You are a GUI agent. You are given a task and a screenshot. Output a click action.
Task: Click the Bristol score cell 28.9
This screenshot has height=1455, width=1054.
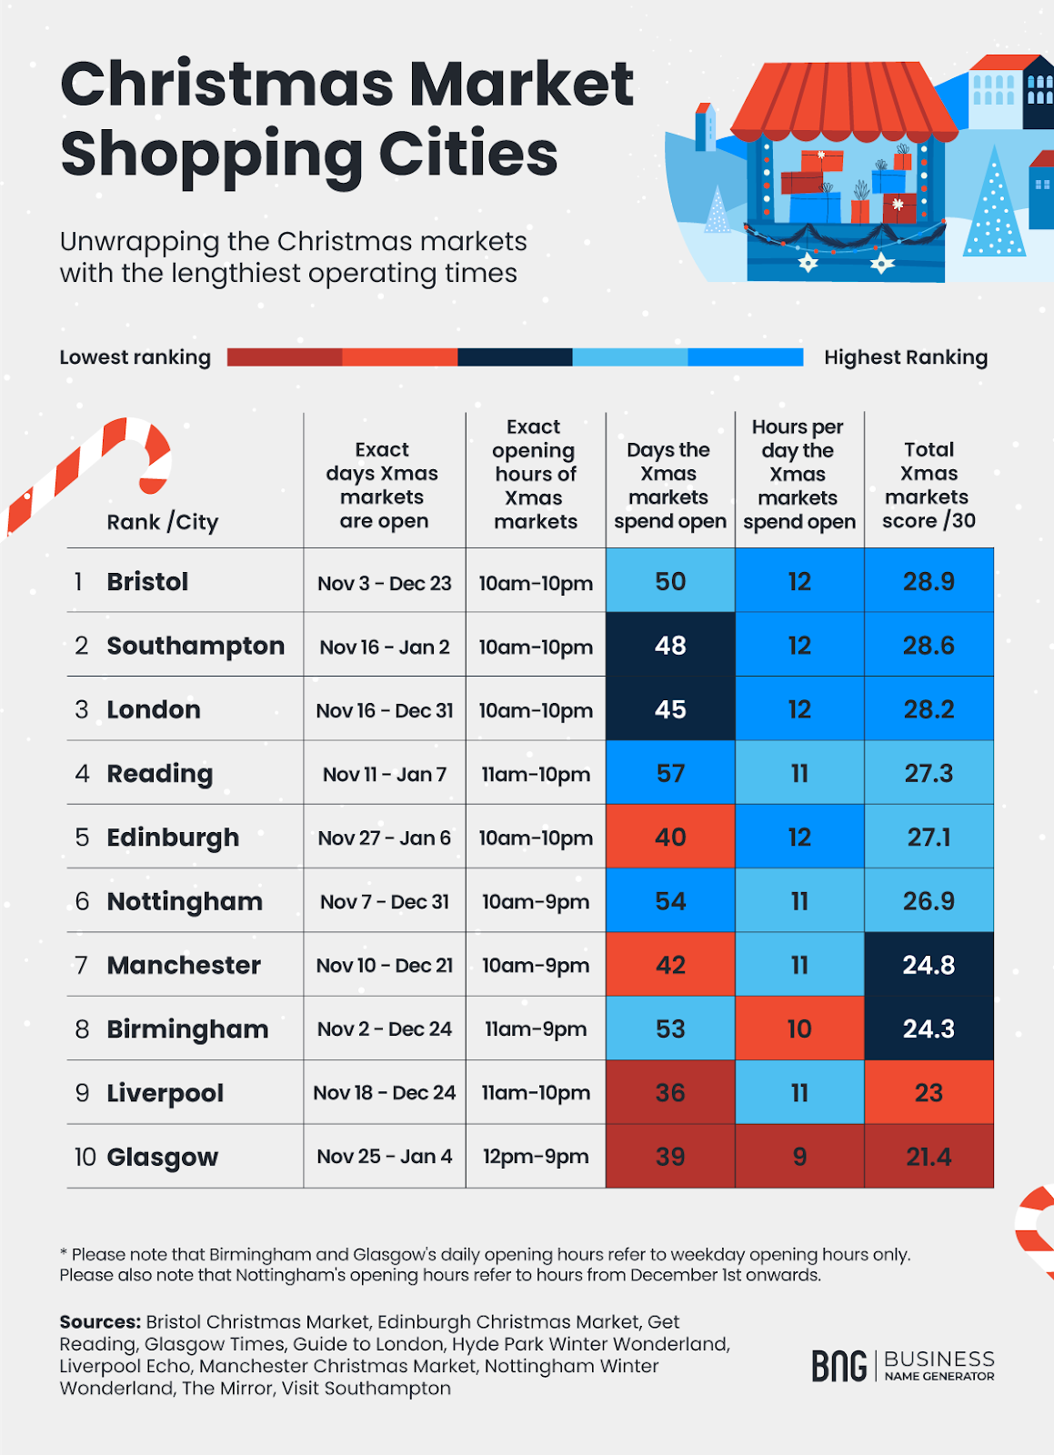[x=929, y=581]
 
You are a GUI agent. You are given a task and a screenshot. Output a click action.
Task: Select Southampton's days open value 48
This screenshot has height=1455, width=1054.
[x=670, y=645]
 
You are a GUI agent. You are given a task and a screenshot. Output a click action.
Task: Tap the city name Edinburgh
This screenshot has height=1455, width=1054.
[x=173, y=838]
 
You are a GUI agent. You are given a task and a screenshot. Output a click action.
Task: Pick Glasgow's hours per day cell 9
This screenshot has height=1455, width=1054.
[x=799, y=1157]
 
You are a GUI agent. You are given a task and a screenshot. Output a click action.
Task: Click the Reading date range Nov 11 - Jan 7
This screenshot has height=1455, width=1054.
[x=385, y=775]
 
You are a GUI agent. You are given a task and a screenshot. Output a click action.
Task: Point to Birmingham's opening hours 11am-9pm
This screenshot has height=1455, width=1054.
[x=536, y=1029]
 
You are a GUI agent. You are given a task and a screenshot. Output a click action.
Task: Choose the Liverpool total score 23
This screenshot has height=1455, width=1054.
[x=929, y=1093]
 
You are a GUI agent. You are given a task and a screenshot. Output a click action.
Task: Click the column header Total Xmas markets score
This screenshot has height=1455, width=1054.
[x=928, y=485]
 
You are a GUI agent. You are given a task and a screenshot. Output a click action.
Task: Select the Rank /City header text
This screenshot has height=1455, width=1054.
[x=163, y=522]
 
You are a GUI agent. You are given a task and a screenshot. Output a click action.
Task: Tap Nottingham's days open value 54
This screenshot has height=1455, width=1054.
[x=670, y=901]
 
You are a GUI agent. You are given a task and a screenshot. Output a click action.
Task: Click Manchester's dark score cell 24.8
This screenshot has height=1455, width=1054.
[x=929, y=965]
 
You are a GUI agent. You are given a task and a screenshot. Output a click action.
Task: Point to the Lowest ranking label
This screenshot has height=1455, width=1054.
[x=135, y=357]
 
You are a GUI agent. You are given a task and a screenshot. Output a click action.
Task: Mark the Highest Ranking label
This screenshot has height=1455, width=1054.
[x=906, y=357]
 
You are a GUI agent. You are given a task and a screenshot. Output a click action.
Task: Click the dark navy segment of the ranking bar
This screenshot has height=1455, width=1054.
[x=515, y=357]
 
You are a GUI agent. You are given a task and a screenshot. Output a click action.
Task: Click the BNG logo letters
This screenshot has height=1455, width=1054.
[x=838, y=1366]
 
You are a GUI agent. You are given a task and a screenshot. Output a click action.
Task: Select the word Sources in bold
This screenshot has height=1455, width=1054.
[x=99, y=1321]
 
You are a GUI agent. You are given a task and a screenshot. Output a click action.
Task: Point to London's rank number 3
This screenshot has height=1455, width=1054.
[x=82, y=709]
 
